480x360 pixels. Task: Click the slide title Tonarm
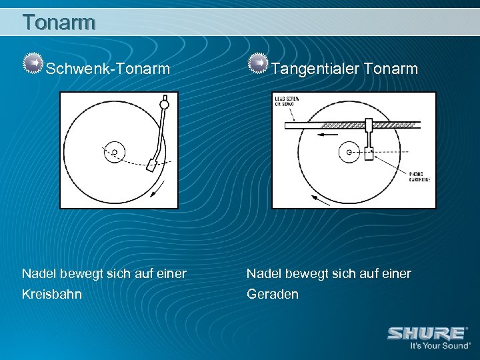[59, 22]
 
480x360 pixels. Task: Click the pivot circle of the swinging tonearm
[164, 103]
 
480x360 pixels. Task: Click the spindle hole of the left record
[114, 153]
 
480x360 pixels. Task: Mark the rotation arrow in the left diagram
[157, 191]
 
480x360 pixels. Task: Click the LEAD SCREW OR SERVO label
[287, 101]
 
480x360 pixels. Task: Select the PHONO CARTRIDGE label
[419, 177]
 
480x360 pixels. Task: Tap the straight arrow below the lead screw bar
[327, 134]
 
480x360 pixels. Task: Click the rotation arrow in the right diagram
[319, 199]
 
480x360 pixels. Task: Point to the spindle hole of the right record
[349, 153]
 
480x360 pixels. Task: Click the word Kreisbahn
[52, 294]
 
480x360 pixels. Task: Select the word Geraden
[273, 294]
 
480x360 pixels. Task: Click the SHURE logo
[427, 333]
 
